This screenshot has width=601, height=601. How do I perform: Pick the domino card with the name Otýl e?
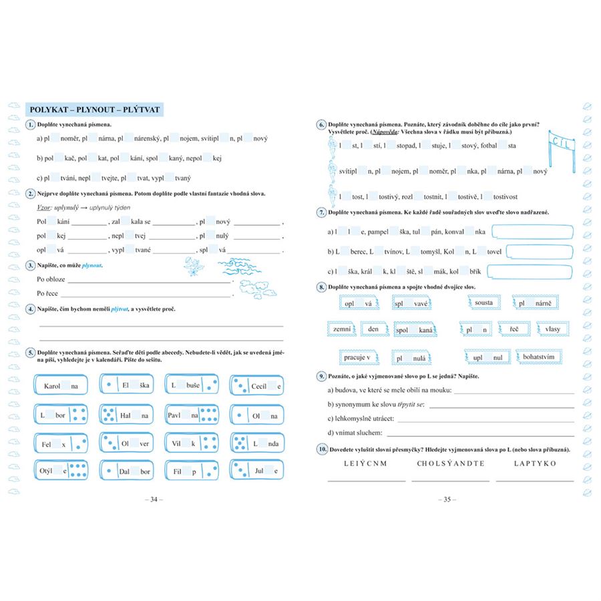pyautogui.click(x=61, y=471)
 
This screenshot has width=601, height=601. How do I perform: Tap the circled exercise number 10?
pyautogui.click(x=321, y=450)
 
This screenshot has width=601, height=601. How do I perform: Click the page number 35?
pyautogui.click(x=447, y=499)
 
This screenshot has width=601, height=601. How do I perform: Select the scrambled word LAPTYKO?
pyautogui.click(x=535, y=463)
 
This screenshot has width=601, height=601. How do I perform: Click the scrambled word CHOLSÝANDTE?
pyautogui.click(x=451, y=463)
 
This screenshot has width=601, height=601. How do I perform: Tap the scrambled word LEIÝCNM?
pyautogui.click(x=365, y=463)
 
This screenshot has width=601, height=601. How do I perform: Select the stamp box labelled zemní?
pyautogui.click(x=339, y=329)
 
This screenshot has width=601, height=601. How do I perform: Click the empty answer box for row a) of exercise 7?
pyautogui.click(x=532, y=232)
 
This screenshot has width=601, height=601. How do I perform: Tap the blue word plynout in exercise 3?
pyautogui.click(x=91, y=265)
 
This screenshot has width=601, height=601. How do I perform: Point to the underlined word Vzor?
pyautogui.click(x=45, y=208)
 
